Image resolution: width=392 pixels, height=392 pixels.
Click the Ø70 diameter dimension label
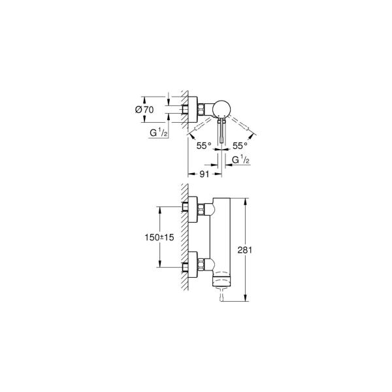(x=144, y=110)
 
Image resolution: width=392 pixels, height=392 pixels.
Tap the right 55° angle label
(x=240, y=147)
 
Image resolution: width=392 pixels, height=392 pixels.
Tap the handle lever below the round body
(x=221, y=134)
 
